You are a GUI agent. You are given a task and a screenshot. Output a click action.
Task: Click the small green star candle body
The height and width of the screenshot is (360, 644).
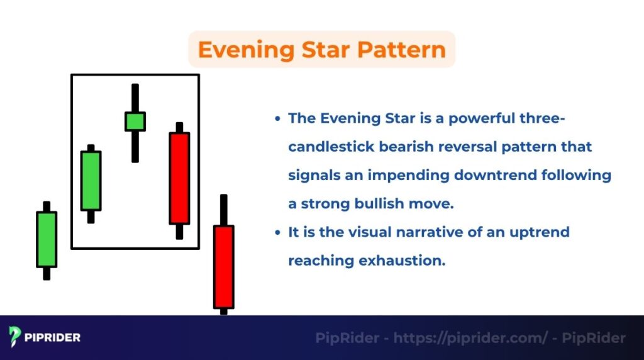[x=135, y=121]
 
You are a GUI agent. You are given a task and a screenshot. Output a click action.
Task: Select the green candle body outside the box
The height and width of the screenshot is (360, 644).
[x=47, y=239]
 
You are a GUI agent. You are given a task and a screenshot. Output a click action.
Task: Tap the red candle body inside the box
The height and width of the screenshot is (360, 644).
[x=179, y=178]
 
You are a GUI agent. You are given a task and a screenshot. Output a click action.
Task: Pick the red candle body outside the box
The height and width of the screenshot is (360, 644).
[x=223, y=267]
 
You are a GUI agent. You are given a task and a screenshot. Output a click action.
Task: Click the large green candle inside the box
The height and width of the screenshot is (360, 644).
[x=91, y=181]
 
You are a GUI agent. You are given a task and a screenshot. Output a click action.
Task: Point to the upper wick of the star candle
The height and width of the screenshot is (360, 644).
[x=135, y=98]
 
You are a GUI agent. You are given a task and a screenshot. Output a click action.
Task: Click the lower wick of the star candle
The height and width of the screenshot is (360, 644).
[x=135, y=146]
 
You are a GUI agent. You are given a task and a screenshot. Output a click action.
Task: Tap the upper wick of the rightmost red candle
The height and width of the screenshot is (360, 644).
[x=223, y=210]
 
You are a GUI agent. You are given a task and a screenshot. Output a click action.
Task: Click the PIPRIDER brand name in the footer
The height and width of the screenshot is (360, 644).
[x=53, y=338]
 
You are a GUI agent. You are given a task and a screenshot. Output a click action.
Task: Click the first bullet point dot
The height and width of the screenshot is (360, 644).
[x=277, y=119]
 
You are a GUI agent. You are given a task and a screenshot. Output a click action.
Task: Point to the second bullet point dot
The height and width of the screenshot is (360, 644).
[x=277, y=232]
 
